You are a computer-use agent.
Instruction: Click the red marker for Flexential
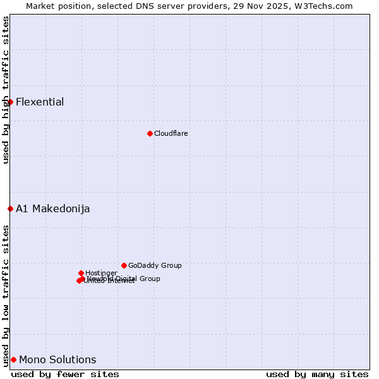(10, 102)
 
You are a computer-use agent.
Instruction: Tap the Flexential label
(40, 102)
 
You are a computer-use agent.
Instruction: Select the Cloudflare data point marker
(150, 133)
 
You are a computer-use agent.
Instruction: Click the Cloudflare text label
(171, 134)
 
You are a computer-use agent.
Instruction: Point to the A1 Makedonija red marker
(10, 208)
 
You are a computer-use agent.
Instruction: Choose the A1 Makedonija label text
(53, 209)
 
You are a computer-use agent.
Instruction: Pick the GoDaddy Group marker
(124, 265)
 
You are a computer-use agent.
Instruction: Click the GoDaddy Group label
(155, 266)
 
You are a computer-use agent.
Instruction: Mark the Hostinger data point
(81, 273)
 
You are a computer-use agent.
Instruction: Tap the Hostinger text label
(101, 274)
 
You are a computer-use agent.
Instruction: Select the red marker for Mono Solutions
(13, 359)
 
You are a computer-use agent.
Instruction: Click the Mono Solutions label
(57, 360)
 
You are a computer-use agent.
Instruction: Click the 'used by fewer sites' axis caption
(65, 375)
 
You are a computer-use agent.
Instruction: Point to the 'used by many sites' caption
(317, 375)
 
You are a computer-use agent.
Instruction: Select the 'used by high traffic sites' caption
(6, 90)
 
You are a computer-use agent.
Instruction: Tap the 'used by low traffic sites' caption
(6, 296)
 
